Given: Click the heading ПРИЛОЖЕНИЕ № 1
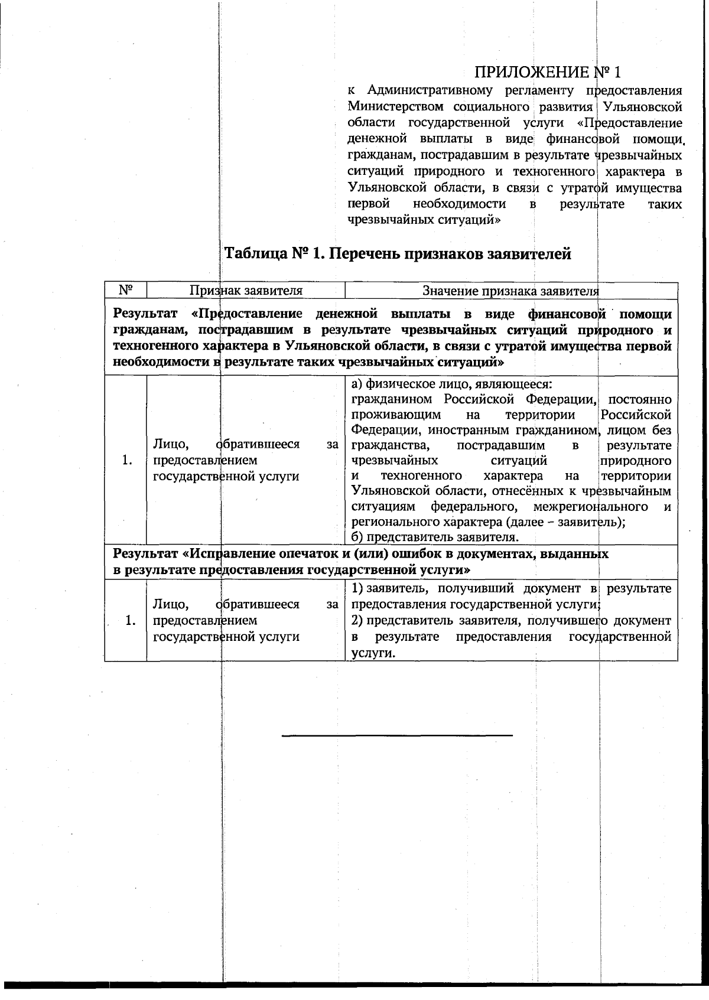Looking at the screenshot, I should (x=548, y=72).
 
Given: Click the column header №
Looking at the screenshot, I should (x=125, y=290).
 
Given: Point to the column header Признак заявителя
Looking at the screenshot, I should (x=246, y=291).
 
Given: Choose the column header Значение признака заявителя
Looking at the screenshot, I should (x=510, y=291).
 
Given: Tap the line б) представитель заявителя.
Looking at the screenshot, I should (x=435, y=537).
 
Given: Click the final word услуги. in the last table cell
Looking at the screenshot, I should (x=372, y=653).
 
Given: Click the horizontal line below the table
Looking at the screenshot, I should (x=397, y=735).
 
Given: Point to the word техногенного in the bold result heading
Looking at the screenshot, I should (x=151, y=346).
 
